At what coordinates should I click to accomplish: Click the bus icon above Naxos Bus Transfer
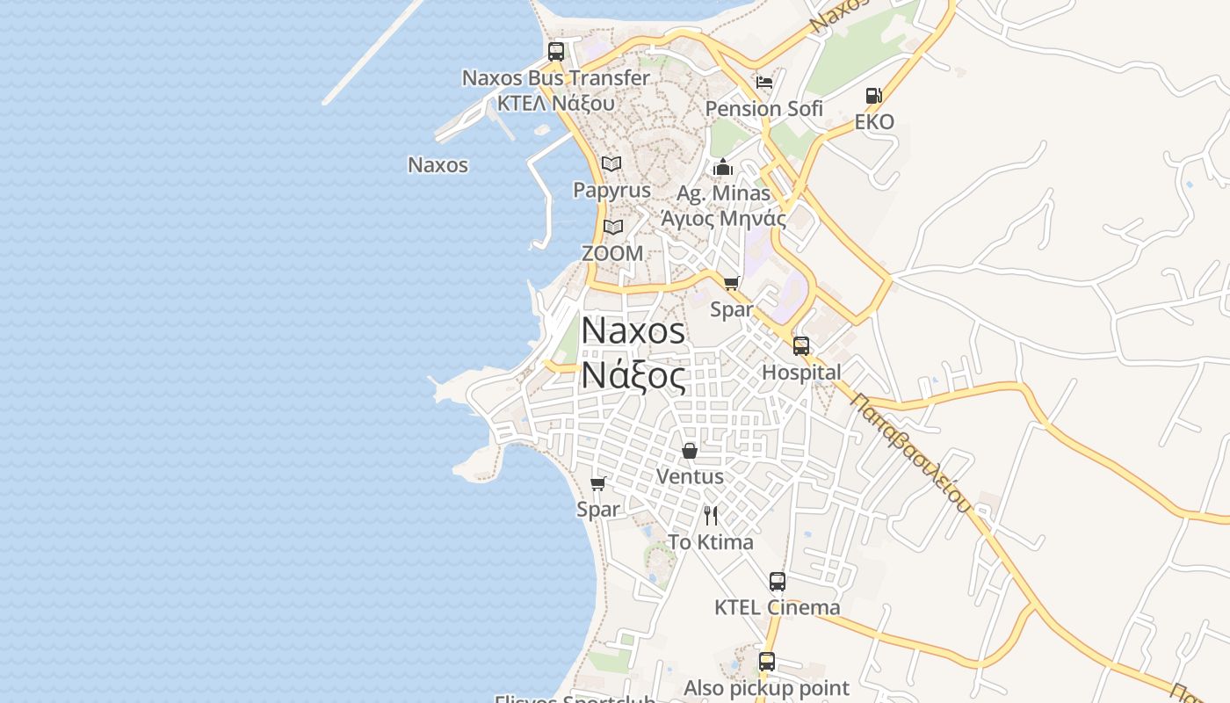tap(556, 51)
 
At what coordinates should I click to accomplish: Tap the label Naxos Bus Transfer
tap(556, 77)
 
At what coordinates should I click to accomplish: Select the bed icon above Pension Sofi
tap(764, 83)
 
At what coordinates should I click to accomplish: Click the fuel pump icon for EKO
tap(873, 96)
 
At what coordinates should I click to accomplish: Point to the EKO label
tap(874, 121)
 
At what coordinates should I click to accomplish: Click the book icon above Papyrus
tap(611, 163)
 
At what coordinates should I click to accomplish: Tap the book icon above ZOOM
tap(613, 227)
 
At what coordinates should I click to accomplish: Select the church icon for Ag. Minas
tap(723, 167)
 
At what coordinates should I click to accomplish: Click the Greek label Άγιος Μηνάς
tap(723, 217)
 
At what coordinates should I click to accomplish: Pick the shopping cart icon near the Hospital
tap(732, 283)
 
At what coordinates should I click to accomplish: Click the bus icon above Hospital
tap(801, 345)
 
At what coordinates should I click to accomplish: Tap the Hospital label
tap(801, 372)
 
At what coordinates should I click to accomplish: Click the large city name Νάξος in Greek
tap(633, 375)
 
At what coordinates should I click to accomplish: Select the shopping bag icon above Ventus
tap(690, 451)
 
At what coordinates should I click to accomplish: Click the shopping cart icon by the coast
tap(598, 483)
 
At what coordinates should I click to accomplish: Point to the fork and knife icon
tap(711, 515)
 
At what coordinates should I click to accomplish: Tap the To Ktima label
tap(711, 542)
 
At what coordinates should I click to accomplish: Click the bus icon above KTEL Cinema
tap(778, 581)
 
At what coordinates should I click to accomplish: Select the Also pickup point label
tap(767, 687)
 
